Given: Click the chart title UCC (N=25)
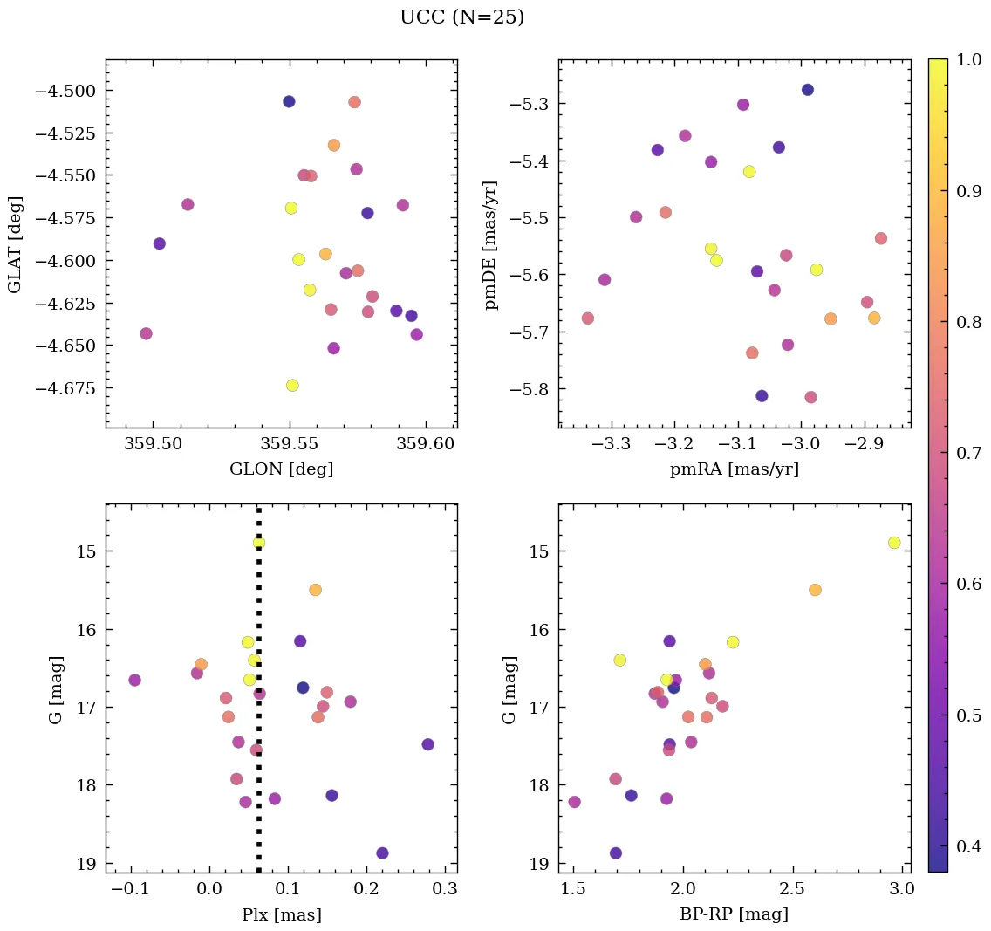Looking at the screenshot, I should click(x=461, y=17).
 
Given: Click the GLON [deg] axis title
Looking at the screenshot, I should click(x=281, y=469).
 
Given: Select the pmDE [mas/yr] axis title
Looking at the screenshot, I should click(x=491, y=244).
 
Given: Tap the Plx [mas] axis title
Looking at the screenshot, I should click(x=281, y=914).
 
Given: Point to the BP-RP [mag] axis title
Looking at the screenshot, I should click(x=734, y=914).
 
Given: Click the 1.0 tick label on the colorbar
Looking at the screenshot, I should click(x=969, y=60).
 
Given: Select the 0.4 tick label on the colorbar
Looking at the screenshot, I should click(x=969, y=846).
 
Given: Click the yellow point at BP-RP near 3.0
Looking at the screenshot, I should click(x=894, y=543).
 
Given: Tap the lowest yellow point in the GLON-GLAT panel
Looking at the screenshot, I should click(x=292, y=386).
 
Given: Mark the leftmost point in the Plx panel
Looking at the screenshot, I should click(x=134, y=680).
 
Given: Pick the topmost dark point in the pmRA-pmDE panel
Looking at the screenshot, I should click(x=808, y=90).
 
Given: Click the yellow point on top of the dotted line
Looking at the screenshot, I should click(x=259, y=543).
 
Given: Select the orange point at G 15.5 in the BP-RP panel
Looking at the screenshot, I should click(x=815, y=590).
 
